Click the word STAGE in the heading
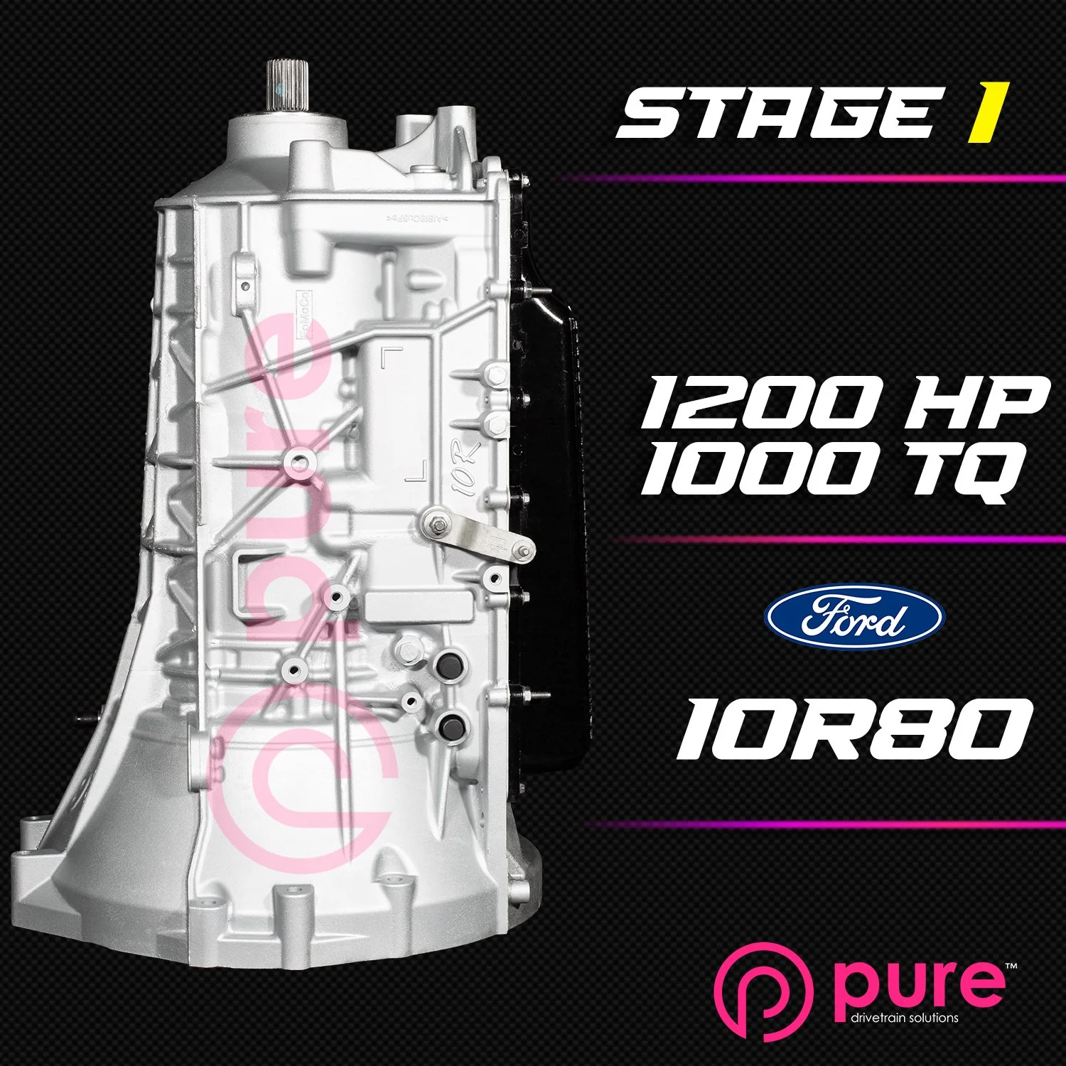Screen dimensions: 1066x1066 click(775, 113)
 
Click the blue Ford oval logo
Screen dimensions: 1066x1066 click(854, 616)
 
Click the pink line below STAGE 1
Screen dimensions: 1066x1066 click(810, 178)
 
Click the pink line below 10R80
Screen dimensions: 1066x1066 click(824, 824)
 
